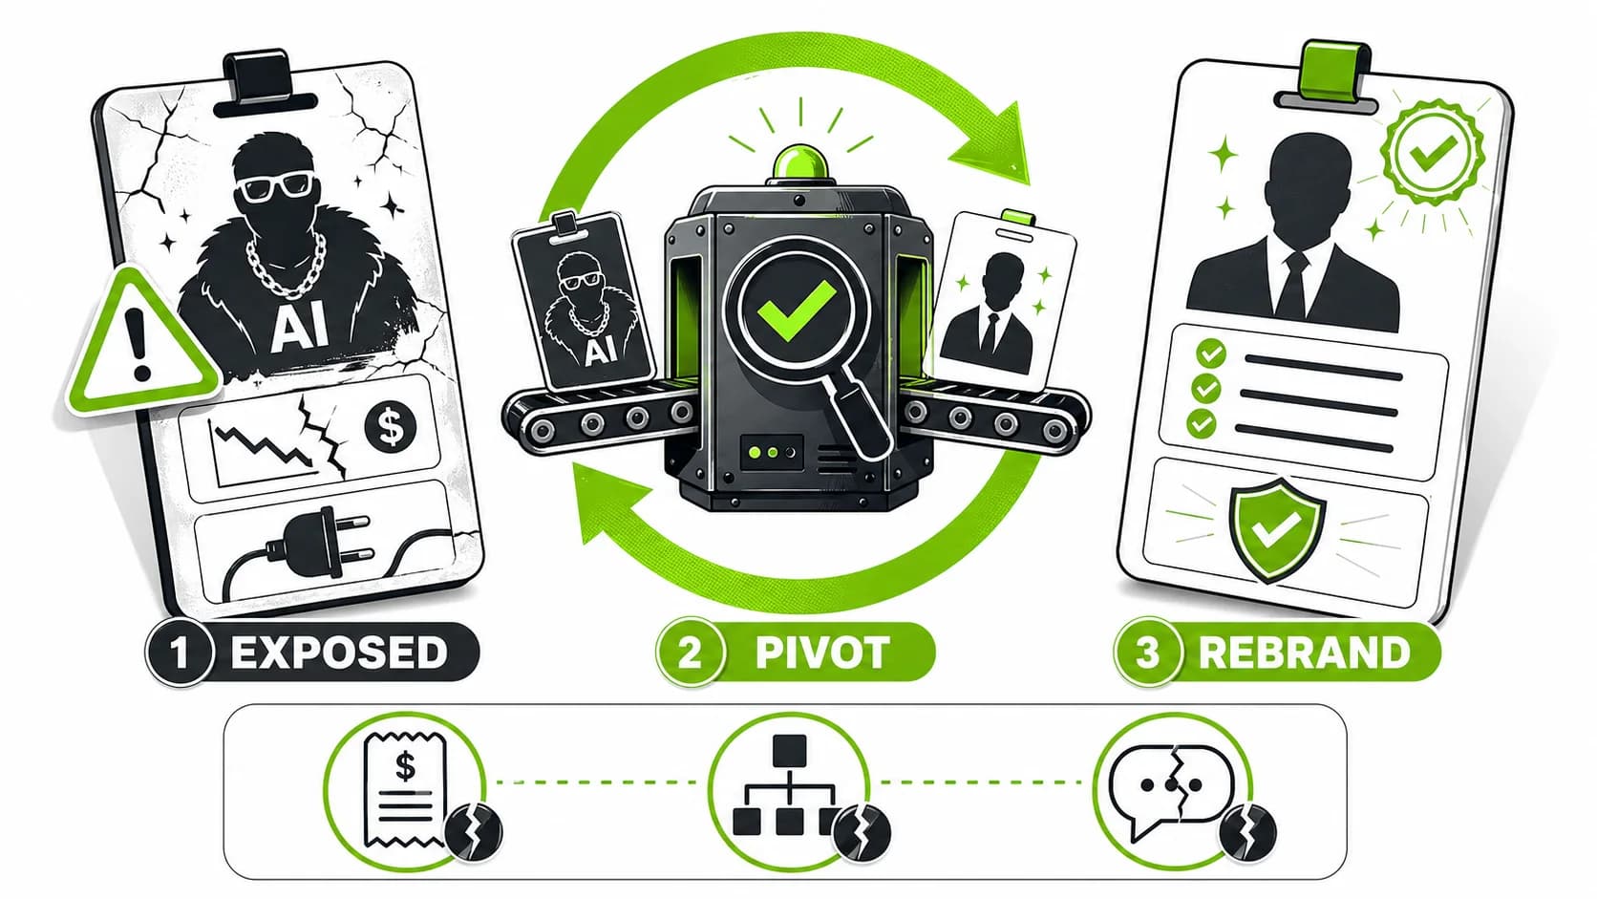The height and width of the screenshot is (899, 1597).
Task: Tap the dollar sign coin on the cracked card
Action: coord(390,426)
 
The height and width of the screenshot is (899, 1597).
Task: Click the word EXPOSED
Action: coord(339,652)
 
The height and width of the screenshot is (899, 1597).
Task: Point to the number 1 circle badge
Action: coord(179,653)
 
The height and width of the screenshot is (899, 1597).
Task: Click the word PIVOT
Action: coord(822,652)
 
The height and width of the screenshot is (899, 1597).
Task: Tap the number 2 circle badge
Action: coord(690,653)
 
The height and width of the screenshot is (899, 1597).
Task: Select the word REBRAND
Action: coord(1304,652)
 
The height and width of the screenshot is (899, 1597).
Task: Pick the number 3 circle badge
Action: coord(1147,653)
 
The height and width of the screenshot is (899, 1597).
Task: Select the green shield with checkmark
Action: coord(1277,528)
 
